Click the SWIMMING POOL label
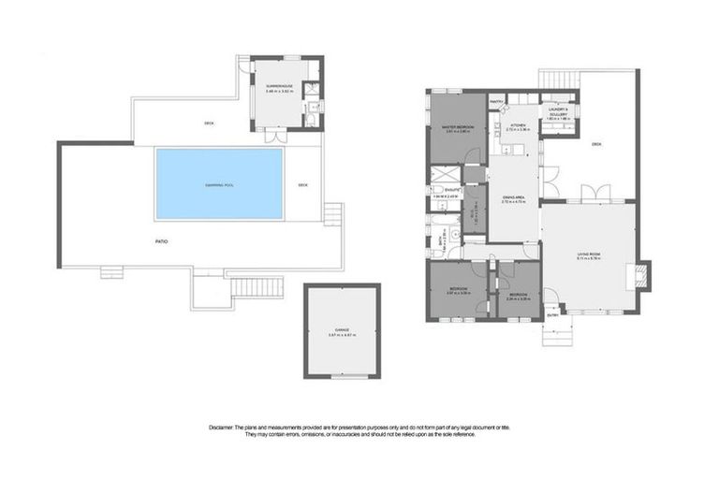[219, 185]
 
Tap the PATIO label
[160, 241]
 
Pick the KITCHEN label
[518, 124]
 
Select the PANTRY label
[496, 101]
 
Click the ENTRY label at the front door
[552, 313]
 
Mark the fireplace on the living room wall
[642, 274]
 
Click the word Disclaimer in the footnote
[225, 427]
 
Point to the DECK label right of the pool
[302, 185]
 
